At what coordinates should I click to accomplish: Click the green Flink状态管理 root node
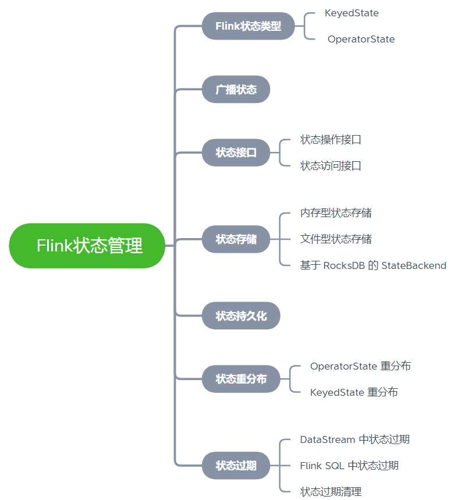tap(87, 246)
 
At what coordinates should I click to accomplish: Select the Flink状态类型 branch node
tap(248, 26)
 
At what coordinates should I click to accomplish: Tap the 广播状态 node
tap(236, 90)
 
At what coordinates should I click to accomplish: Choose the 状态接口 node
tap(236, 153)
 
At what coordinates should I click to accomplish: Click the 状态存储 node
tap(236, 239)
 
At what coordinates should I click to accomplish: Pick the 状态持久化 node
tap(241, 316)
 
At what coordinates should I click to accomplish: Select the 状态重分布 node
tap(241, 379)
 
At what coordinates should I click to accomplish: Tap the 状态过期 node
tap(236, 466)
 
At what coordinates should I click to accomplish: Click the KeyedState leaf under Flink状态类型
tap(352, 13)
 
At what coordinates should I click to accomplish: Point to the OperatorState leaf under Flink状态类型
tap(361, 40)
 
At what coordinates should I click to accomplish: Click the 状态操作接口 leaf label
tap(331, 140)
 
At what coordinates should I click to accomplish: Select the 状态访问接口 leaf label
tap(331, 166)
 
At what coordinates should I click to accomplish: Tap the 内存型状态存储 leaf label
tap(336, 213)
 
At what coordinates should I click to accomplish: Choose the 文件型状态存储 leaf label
tap(336, 239)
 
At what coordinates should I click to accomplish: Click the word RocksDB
tap(343, 265)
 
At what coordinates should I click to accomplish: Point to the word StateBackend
tap(414, 265)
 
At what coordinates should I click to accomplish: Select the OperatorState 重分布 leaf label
tap(360, 366)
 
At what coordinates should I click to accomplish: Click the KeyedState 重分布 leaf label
tap(354, 392)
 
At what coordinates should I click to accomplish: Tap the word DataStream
tap(327, 439)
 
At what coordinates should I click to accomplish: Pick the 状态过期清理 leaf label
tap(331, 492)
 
